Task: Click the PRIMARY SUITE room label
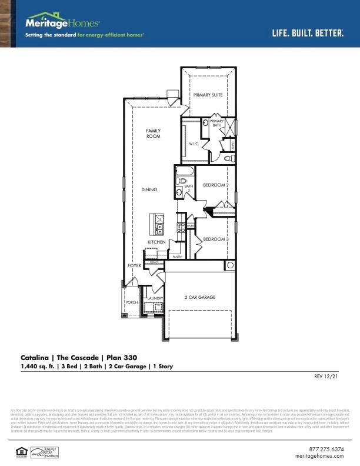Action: tap(208, 95)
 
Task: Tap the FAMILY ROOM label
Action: tap(153, 134)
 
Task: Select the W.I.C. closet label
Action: tap(194, 144)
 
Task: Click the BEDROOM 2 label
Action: tap(215, 185)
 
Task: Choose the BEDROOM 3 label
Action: tap(215, 239)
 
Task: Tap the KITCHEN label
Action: tap(156, 242)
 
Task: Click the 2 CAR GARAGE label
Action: tap(200, 298)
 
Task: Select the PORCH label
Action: tap(131, 302)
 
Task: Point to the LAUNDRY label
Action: tap(155, 299)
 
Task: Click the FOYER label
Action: tap(134, 266)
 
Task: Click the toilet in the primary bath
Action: tap(229, 158)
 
